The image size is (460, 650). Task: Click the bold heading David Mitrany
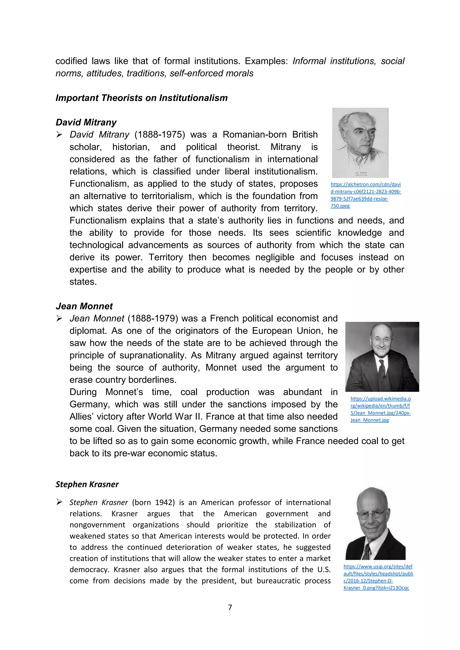tap(86, 122)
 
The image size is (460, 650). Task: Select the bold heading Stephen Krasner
tap(87, 484)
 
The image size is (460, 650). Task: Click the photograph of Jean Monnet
tap(382, 356)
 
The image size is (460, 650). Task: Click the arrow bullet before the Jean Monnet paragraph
tap(59, 318)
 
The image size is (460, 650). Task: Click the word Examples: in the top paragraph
tap(266, 61)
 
